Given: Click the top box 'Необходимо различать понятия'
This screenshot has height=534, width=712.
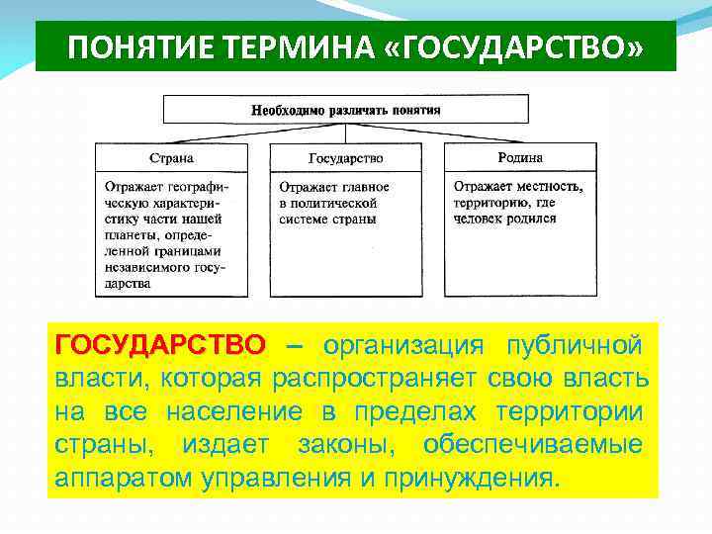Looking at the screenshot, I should coord(345,109).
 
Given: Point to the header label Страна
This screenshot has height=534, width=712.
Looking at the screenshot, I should coord(171,157).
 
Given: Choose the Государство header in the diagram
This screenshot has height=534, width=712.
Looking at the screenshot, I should coord(345,157).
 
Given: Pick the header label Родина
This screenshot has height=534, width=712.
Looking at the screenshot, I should coord(520,157).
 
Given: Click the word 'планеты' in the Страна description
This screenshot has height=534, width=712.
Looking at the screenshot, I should coord(131,235).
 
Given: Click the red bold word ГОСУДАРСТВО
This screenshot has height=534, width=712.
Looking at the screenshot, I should coord(160,345).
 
